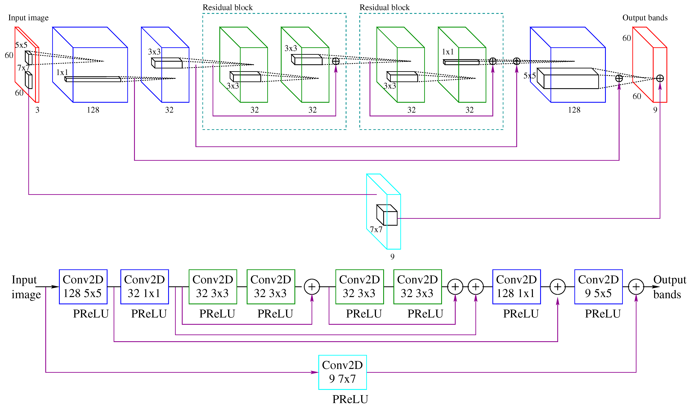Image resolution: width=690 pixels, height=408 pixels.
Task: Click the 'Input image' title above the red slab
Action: pyautogui.click(x=28, y=18)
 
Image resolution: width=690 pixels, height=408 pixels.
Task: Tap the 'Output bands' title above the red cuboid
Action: pyautogui.click(x=645, y=18)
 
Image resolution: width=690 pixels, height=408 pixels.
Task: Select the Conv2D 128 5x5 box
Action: pyautogui.click(x=83, y=287)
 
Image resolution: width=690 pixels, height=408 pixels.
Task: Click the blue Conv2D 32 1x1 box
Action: pyautogui.click(x=144, y=287)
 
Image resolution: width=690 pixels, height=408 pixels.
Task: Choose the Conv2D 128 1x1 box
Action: pyautogui.click(x=516, y=287)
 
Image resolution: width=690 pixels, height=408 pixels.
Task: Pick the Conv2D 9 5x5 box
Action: pyautogui.click(x=598, y=287)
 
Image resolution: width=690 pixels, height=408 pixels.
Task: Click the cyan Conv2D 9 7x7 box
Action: pyautogui.click(x=342, y=372)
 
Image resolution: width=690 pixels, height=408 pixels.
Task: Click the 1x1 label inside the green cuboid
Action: pyautogui.click(x=448, y=52)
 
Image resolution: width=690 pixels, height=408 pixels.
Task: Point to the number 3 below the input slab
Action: pyautogui.click(x=37, y=110)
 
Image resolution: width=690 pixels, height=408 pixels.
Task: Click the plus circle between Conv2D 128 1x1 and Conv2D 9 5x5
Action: pyautogui.click(x=558, y=287)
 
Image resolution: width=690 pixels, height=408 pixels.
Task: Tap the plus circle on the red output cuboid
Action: pyautogui.click(x=660, y=78)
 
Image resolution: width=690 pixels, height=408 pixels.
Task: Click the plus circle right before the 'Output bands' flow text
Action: pyautogui.click(x=636, y=287)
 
